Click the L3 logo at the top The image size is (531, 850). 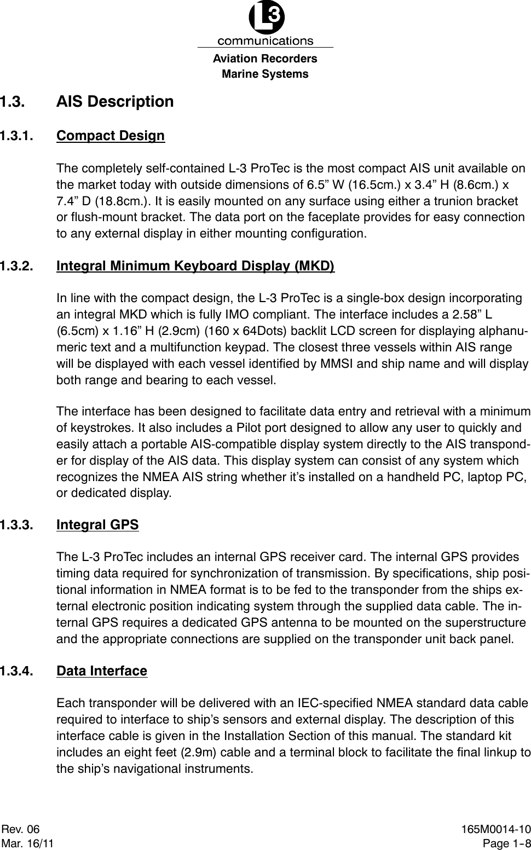tap(266, 19)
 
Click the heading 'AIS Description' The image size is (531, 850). tap(115, 102)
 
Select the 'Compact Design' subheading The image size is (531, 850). tap(111, 136)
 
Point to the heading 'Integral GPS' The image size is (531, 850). tap(97, 525)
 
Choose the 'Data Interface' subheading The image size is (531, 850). tap(102, 670)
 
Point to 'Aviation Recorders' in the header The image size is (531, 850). tap(265, 59)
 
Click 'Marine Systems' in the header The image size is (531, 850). tap(265, 74)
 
